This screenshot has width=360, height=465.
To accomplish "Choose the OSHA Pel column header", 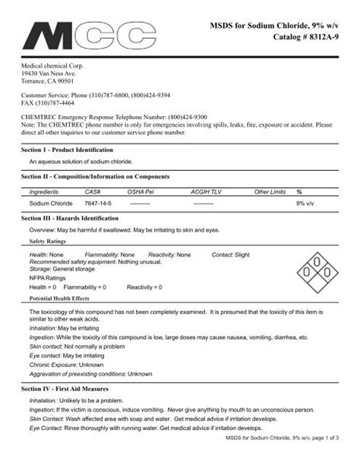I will (x=141, y=193).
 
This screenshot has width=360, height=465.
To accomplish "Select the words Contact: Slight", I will (x=231, y=254).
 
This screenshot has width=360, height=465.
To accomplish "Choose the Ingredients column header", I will (x=44, y=193).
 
